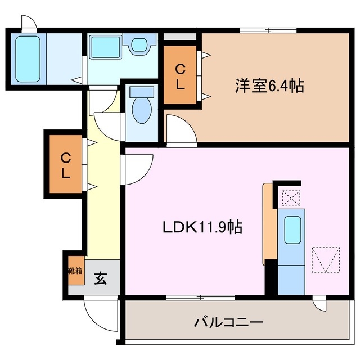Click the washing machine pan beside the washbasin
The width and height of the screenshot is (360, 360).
[105, 44]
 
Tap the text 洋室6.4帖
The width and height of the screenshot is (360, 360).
[269, 86]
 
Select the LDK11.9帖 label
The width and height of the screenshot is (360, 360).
[202, 227]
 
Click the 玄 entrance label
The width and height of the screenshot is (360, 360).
[100, 277]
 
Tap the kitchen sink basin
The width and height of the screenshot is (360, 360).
[292, 229]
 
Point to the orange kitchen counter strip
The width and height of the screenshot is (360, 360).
[269, 224]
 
